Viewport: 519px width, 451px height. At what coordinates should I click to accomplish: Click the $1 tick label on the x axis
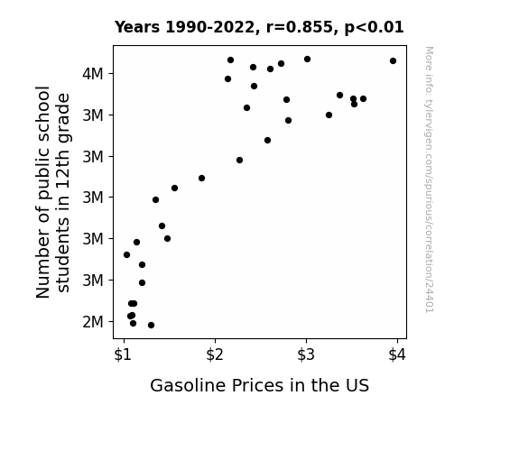[x=123, y=355]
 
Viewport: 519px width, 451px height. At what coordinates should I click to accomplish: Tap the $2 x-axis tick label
[x=215, y=355]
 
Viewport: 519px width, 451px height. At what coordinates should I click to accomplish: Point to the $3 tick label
[x=305, y=355]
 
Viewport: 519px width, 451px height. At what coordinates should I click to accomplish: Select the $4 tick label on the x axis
[x=397, y=355]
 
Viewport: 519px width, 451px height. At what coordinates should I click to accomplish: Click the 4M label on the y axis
[x=93, y=73]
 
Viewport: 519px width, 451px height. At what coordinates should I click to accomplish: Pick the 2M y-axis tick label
[x=93, y=322]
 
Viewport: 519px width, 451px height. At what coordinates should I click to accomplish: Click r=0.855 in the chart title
[x=300, y=27]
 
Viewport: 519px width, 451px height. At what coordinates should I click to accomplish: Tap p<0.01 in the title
[x=375, y=27]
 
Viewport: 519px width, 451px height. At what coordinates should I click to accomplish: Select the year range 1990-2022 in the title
[x=209, y=27]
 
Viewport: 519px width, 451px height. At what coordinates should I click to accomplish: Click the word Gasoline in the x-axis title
[x=188, y=385]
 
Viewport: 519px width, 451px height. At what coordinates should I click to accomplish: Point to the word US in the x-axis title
[x=357, y=385]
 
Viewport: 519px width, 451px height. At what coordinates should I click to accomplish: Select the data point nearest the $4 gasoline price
[x=393, y=60]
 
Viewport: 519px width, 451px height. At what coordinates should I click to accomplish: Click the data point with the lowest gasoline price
[x=126, y=254]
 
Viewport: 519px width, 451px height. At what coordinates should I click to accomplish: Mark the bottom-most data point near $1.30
[x=151, y=326]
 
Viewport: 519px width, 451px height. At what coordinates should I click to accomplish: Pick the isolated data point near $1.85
[x=201, y=178]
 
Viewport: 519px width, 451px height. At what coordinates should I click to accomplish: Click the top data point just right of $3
[x=307, y=60]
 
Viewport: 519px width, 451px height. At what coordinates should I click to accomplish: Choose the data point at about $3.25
[x=329, y=115]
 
